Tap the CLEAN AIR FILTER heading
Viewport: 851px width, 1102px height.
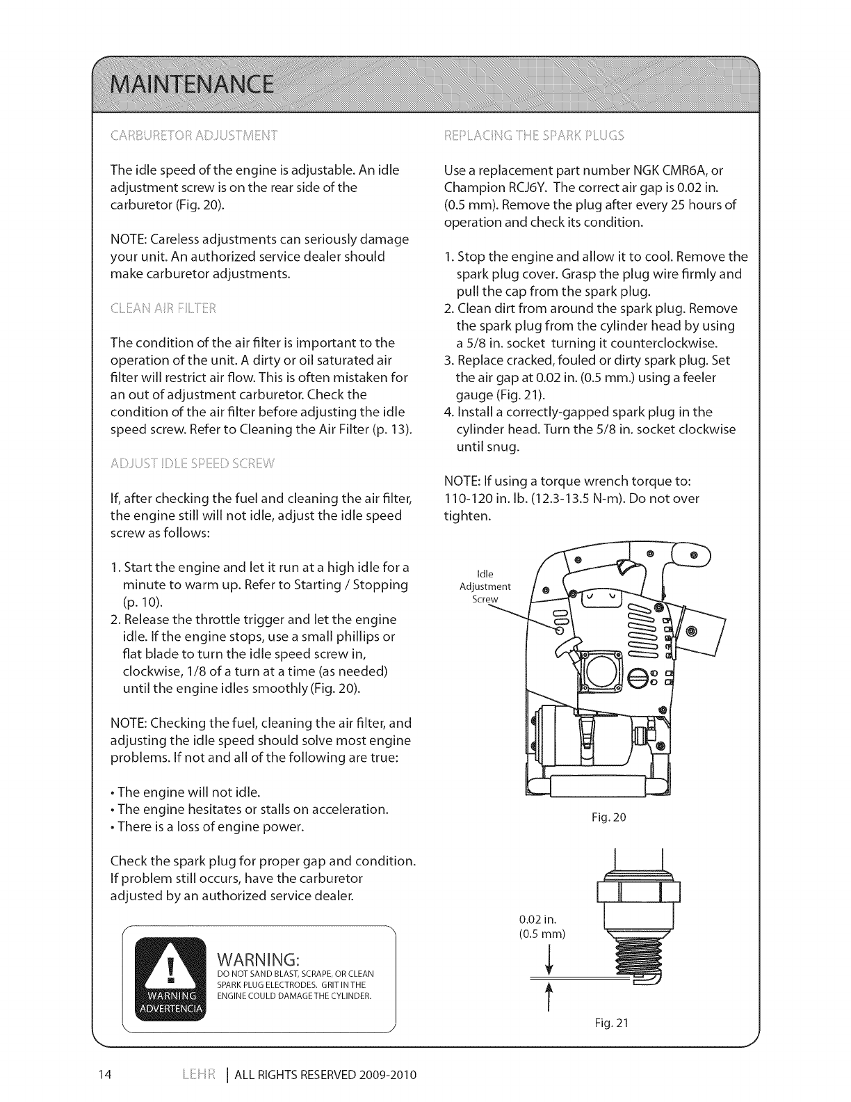click(163, 308)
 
